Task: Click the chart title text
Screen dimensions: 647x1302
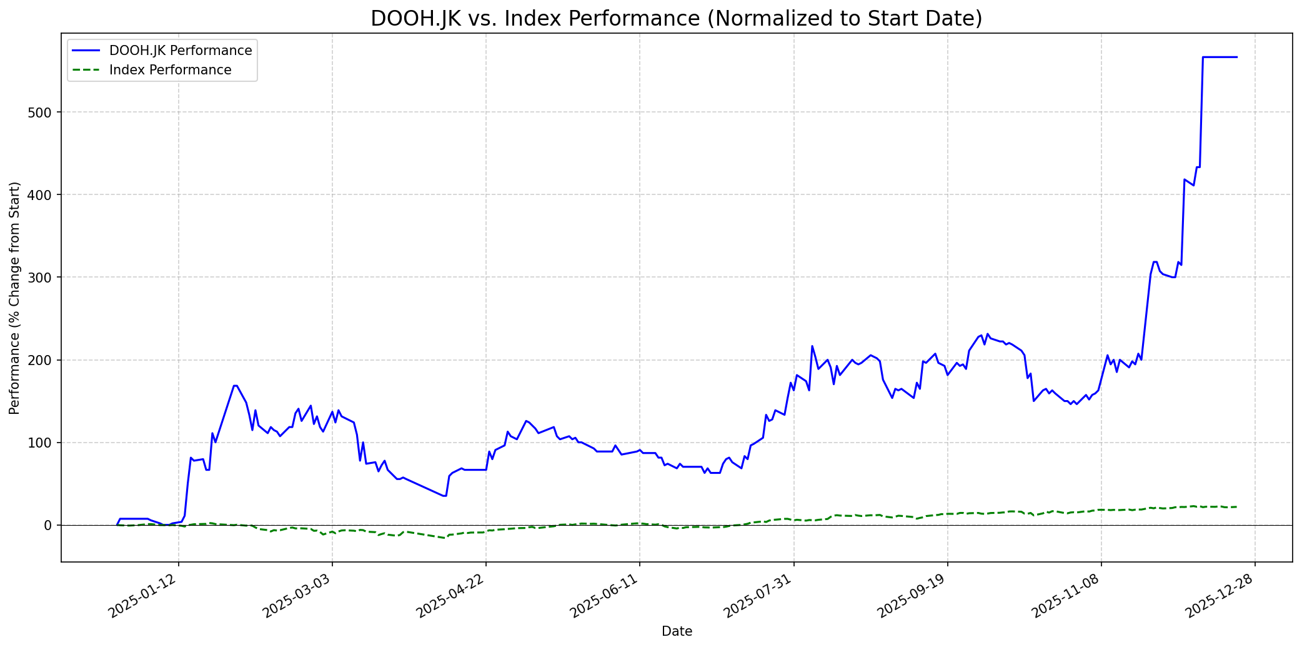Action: [x=676, y=18]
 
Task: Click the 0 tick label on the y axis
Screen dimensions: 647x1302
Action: [x=52, y=525]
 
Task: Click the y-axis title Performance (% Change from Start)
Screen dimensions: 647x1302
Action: [x=15, y=298]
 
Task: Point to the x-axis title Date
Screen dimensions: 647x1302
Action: [x=677, y=631]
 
